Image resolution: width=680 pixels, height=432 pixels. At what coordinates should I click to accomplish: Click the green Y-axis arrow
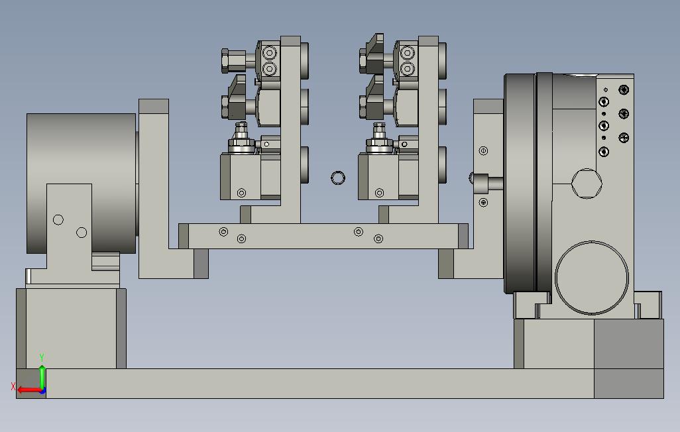42,378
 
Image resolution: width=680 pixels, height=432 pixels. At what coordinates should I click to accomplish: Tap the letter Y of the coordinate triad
42,358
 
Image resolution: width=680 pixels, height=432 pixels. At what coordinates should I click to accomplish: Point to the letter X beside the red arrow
13,386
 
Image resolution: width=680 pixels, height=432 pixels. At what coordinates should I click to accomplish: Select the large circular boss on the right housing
592,278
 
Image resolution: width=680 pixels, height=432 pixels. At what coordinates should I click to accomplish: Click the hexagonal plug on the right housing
587,184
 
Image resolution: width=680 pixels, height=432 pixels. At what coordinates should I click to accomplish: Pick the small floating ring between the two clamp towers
338,178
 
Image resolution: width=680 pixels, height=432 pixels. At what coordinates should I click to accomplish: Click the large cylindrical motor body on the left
81,183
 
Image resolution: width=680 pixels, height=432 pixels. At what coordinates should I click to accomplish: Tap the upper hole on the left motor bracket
58,220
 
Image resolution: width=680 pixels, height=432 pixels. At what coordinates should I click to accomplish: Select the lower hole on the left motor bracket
82,233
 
